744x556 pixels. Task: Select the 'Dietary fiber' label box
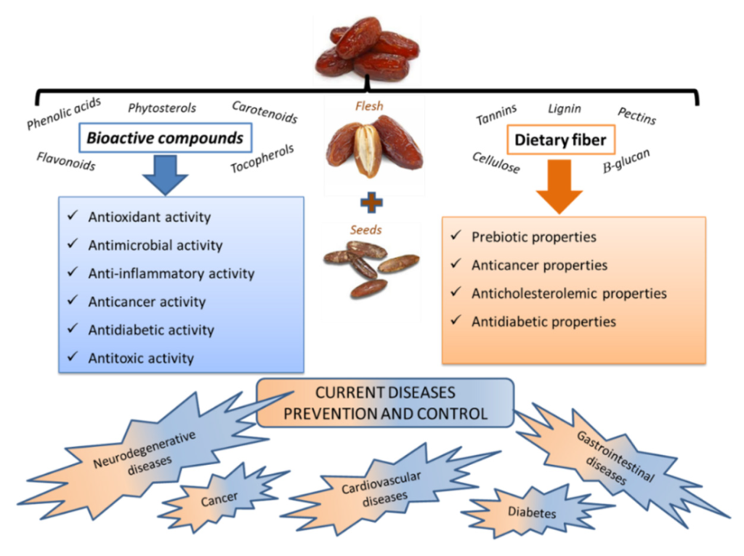pyautogui.click(x=560, y=140)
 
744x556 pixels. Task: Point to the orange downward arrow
pyautogui.click(x=559, y=185)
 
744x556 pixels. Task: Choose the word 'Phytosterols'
pyautogui.click(x=162, y=108)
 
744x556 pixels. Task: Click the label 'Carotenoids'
pyautogui.click(x=264, y=112)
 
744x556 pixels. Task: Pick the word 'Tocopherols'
pyautogui.click(x=262, y=159)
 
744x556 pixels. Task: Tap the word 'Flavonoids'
pyautogui.click(x=65, y=160)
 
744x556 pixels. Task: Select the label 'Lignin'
pyautogui.click(x=565, y=109)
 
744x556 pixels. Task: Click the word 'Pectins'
pyautogui.click(x=636, y=116)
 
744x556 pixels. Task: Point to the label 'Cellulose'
pyautogui.click(x=496, y=163)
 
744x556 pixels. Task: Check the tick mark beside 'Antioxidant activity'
pyautogui.click(x=71, y=217)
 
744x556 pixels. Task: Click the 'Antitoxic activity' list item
pyautogui.click(x=141, y=358)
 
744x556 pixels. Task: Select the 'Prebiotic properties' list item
pyautogui.click(x=533, y=237)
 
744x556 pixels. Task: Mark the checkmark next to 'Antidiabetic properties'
pyautogui.click(x=456, y=321)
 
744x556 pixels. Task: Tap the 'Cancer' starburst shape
pyautogui.click(x=219, y=498)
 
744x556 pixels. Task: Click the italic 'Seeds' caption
pyautogui.click(x=368, y=230)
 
